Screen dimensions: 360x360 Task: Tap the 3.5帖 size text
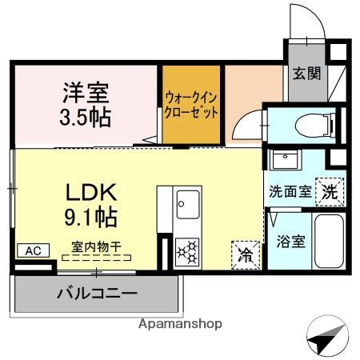pos(86,116)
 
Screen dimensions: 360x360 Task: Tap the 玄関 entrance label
pos(306,74)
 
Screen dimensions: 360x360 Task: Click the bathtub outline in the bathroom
pos(327,243)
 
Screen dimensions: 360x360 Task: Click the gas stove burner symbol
pos(188,252)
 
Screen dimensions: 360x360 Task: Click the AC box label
pos(31,250)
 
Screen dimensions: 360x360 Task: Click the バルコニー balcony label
pos(95,293)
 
